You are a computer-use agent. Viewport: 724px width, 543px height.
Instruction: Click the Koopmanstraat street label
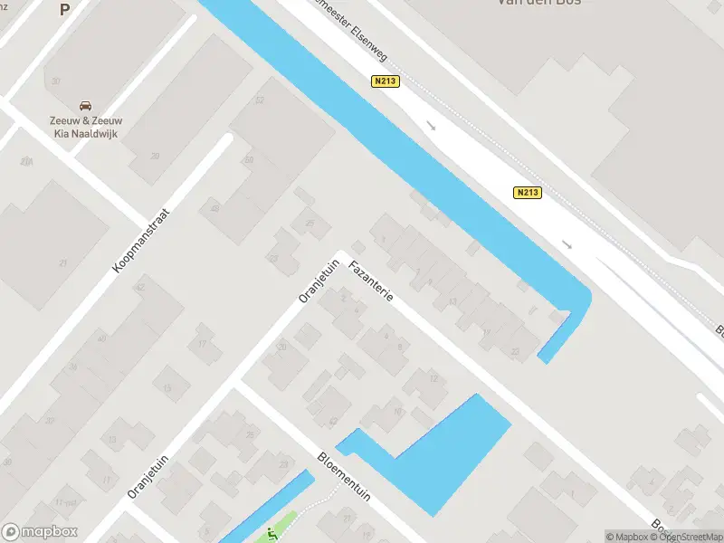(x=141, y=239)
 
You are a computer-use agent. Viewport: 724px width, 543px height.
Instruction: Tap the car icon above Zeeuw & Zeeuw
(x=85, y=106)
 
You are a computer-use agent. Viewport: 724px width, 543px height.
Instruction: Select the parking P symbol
(x=64, y=10)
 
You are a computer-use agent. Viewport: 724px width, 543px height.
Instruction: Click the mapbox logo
(x=40, y=532)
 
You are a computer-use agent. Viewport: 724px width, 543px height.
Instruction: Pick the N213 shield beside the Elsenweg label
(x=386, y=81)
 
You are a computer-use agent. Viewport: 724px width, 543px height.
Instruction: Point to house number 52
(x=260, y=100)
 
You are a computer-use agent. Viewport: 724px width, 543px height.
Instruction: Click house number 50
(x=249, y=160)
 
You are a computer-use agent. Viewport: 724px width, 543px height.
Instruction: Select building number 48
(x=214, y=208)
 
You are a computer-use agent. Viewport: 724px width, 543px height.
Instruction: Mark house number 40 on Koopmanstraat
(x=101, y=339)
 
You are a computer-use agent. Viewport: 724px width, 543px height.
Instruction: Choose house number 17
(x=202, y=344)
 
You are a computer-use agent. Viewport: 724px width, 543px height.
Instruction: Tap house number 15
(x=167, y=387)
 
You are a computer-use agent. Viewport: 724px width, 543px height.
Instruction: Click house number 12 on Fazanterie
(x=433, y=377)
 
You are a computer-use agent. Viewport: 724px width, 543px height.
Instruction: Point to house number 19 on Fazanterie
(x=487, y=332)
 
